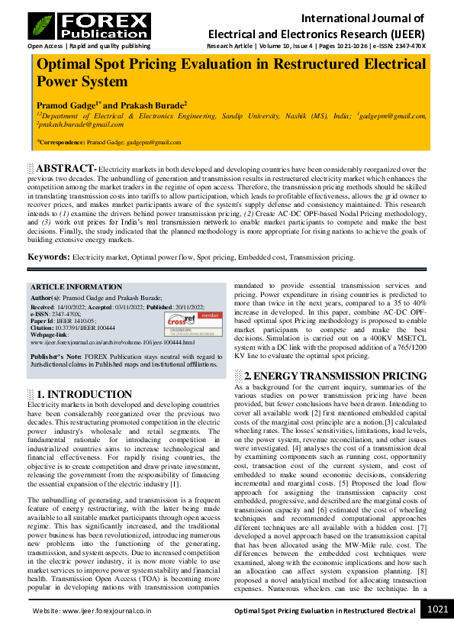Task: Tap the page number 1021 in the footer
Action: pyautogui.click(x=437, y=630)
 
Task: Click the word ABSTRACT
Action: pyautogui.click(x=65, y=168)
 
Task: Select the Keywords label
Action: pyautogui.click(x=49, y=257)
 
